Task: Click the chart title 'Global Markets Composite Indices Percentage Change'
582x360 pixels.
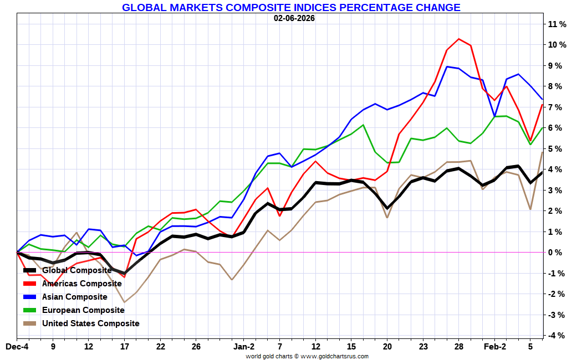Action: point(291,8)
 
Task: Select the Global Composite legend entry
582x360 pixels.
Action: point(77,270)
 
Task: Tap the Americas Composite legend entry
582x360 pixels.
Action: point(81,284)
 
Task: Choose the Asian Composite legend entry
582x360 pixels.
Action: point(74,297)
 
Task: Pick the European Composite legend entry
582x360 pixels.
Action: point(83,310)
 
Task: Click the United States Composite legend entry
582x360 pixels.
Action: point(90,323)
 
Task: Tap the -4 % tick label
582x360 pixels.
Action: point(557,336)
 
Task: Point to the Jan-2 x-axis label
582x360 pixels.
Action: point(244,347)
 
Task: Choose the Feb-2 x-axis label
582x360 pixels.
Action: point(495,347)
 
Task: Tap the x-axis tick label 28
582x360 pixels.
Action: point(459,347)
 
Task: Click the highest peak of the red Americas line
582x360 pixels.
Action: point(459,39)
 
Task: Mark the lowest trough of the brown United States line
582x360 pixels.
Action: point(124,302)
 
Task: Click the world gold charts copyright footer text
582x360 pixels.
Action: point(307,356)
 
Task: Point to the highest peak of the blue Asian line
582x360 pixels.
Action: point(447,66)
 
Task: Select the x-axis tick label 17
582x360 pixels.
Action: point(124,347)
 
